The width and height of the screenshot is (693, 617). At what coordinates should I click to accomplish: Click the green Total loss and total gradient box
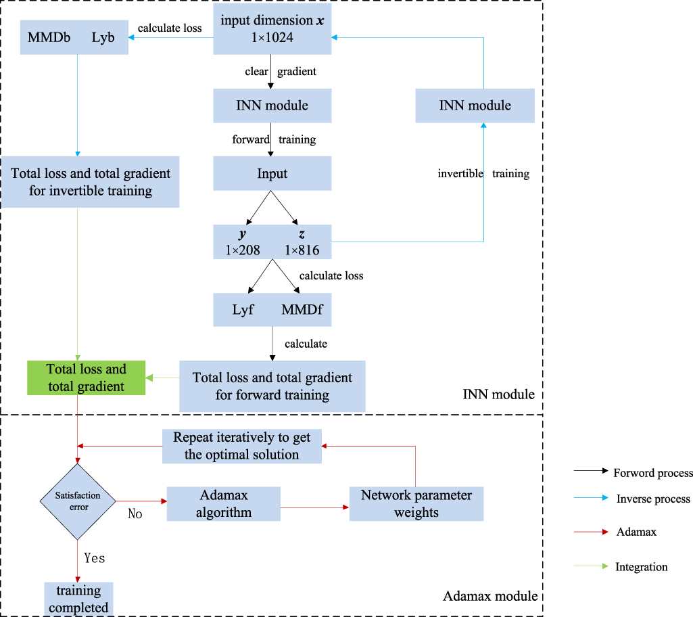(86, 378)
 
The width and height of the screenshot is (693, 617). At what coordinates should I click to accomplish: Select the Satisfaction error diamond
(78, 501)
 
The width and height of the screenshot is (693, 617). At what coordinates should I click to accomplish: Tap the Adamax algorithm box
(223, 503)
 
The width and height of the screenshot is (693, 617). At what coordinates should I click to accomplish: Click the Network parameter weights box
(416, 503)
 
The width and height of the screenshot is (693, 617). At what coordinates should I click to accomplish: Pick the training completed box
(78, 599)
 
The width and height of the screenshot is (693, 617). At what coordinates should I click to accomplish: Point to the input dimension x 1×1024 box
(272, 28)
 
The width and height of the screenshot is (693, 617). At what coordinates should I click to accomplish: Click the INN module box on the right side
(475, 106)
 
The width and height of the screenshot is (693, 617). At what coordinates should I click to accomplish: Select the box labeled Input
(272, 174)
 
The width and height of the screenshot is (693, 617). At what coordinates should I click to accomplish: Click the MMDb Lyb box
(76, 39)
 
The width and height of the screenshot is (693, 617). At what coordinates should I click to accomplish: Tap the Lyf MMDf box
(272, 310)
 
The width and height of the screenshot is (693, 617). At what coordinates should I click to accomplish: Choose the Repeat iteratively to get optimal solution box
(241, 446)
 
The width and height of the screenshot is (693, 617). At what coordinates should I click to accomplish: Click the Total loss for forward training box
(272, 386)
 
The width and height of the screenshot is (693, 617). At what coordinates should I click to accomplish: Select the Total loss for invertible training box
(91, 182)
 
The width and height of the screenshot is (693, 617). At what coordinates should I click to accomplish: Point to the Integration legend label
(641, 567)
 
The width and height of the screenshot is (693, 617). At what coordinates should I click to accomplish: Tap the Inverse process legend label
(652, 499)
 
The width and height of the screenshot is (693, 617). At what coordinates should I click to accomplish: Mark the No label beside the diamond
(135, 513)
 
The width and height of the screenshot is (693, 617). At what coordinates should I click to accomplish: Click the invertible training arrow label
(483, 174)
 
